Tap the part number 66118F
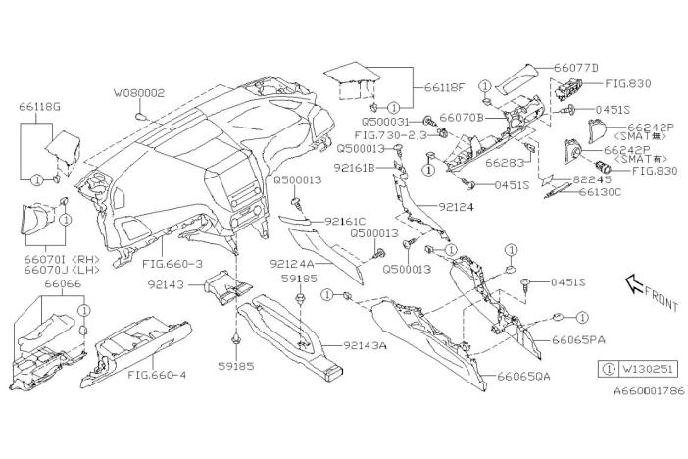pos(445,86)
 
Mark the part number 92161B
pos(361,168)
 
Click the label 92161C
pos(346,222)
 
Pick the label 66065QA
pos(521,376)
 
